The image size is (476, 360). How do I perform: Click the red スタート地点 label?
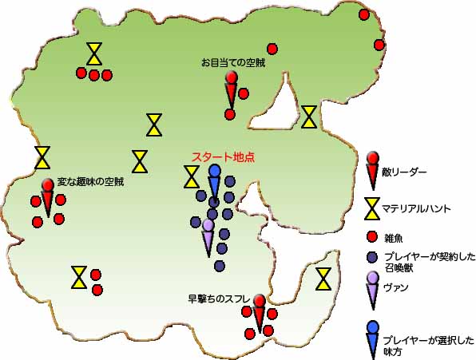[223, 157]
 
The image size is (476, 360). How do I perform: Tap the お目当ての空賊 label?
[233, 63]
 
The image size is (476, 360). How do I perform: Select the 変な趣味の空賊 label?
[90, 182]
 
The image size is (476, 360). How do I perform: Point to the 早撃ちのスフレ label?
[219, 299]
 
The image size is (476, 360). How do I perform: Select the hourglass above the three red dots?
[94, 53]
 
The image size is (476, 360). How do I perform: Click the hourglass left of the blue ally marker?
[192, 176]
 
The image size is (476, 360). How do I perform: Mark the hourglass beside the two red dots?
[79, 277]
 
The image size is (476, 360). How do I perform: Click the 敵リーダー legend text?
[404, 172]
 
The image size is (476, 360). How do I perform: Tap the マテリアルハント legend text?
[416, 208]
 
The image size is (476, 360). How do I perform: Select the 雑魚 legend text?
[394, 239]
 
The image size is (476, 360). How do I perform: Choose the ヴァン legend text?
[396, 287]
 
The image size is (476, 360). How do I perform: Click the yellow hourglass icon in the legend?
[372, 208]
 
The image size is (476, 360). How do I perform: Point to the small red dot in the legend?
[372, 237]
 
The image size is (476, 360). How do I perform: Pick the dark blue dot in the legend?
[372, 258]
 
